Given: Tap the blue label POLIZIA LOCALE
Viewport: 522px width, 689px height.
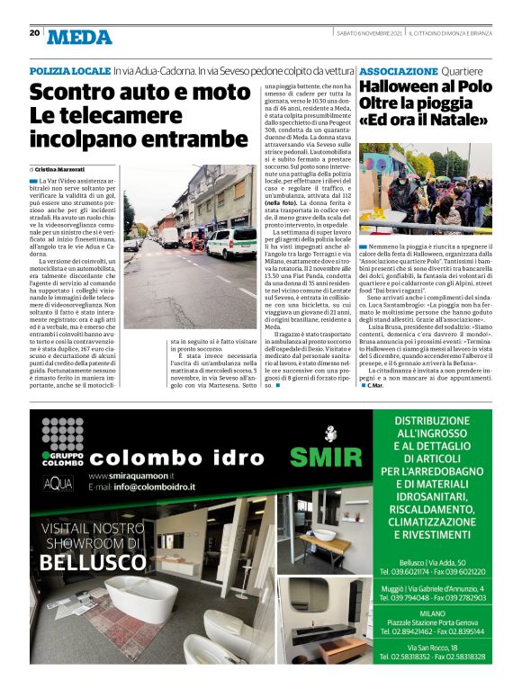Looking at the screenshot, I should pyautogui.click(x=69, y=70).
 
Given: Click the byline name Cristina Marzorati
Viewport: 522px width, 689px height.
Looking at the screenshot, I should pyautogui.click(x=63, y=169).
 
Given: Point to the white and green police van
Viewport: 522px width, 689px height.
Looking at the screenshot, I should pyautogui.click(x=229, y=240).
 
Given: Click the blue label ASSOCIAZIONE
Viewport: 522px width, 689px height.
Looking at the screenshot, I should pyautogui.click(x=399, y=70).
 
